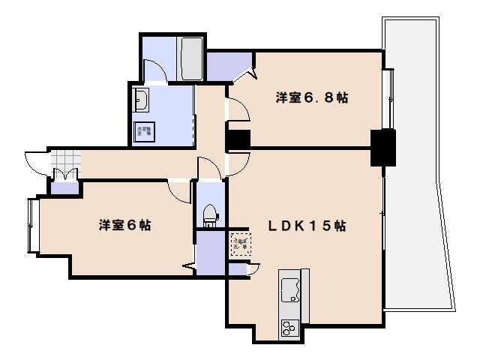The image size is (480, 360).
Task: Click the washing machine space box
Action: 145,133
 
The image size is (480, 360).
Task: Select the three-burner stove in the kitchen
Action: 289,328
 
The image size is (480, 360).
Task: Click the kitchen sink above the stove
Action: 290,289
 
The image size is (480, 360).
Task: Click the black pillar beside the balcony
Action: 384,147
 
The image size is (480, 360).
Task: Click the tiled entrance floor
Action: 64,160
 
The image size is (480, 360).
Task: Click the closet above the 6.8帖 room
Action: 228,66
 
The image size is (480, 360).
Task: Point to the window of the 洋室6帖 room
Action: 32,225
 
